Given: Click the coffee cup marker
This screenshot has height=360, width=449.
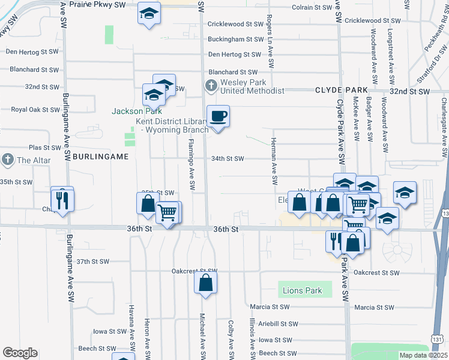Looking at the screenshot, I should tap(218, 116).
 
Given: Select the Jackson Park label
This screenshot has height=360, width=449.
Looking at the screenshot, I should tap(128, 111).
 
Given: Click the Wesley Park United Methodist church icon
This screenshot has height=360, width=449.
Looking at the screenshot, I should tap(211, 86).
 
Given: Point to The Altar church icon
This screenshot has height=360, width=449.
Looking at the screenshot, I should tap(7, 160).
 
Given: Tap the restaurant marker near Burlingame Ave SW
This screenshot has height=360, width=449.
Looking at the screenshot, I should tap(62, 200).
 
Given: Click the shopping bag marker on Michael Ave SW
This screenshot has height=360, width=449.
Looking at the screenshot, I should tap(205, 283).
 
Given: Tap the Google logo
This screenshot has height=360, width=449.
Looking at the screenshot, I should tap(20, 353).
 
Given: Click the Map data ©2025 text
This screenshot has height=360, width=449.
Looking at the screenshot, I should tap(423, 355).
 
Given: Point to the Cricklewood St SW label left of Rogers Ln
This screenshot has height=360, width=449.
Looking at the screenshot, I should tap(235, 25).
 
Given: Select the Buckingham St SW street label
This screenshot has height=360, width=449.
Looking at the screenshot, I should tap(235, 40).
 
